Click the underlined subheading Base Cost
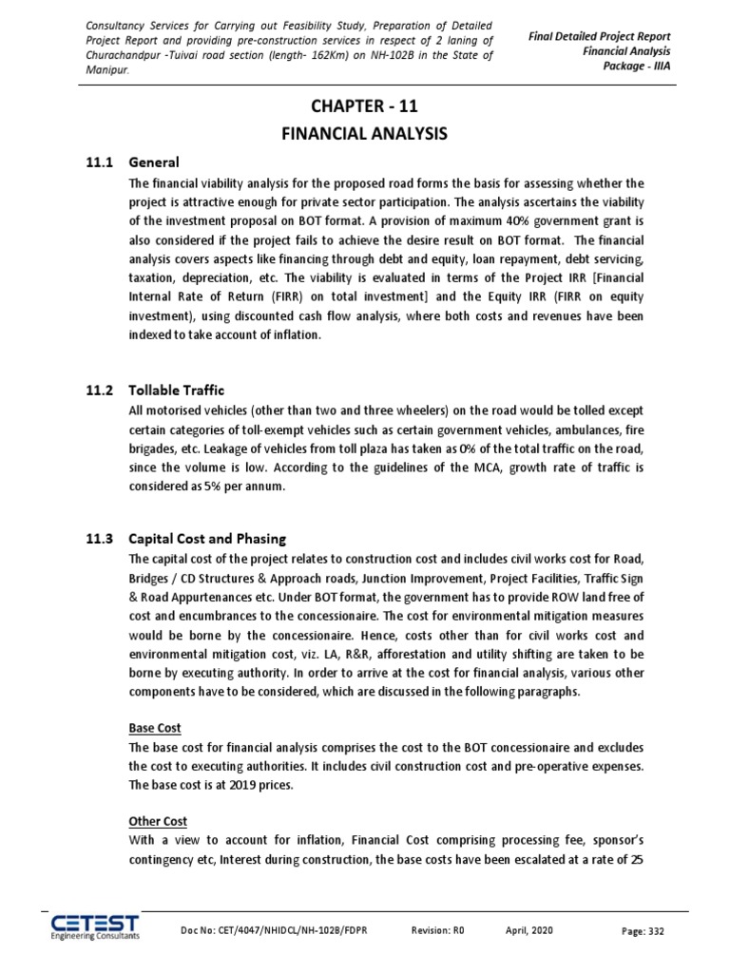tap(154, 728)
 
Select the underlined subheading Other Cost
tap(158, 820)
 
